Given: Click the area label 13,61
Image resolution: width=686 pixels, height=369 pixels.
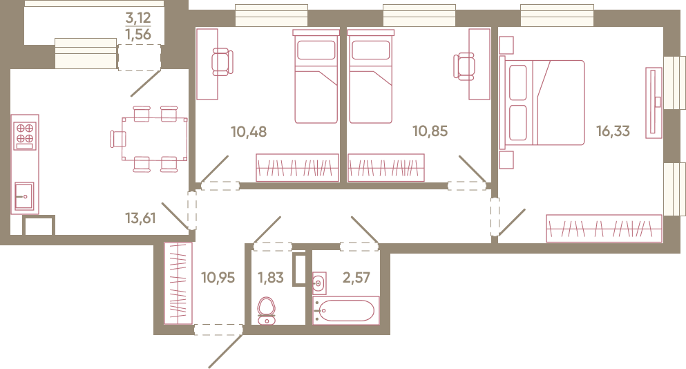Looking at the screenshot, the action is [x=140, y=218].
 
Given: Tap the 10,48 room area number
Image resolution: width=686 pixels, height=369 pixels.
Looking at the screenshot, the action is [x=249, y=131].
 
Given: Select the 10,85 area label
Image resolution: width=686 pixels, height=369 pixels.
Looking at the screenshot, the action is [x=430, y=131].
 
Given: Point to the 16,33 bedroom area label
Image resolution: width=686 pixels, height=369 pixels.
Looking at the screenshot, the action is [x=613, y=131].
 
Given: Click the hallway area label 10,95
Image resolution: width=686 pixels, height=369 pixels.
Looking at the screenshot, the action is [x=218, y=278].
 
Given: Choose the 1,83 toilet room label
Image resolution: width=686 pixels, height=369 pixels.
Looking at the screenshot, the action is [x=271, y=278].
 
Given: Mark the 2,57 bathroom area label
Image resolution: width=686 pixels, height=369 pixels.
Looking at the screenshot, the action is [x=356, y=278].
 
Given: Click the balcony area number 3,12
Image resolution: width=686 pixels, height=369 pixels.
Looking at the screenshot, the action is [x=137, y=18].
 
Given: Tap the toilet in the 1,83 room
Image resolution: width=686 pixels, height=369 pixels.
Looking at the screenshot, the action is [x=267, y=311].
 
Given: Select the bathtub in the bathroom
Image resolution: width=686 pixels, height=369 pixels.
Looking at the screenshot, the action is [x=345, y=311].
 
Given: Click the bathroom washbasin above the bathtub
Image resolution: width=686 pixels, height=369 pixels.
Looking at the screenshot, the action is [x=319, y=283].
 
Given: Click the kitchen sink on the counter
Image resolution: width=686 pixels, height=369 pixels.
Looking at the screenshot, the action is [x=24, y=196].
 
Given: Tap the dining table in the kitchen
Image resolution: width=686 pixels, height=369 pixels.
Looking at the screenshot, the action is [x=155, y=139].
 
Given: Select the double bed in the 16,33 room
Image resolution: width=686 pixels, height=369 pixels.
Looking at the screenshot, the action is [x=542, y=103].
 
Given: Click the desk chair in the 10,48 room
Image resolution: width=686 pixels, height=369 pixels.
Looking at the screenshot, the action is [x=222, y=62].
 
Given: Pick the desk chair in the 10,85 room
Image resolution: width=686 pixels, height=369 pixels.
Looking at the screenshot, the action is [x=464, y=66].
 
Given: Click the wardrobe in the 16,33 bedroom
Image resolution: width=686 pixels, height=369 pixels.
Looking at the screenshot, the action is [x=604, y=228].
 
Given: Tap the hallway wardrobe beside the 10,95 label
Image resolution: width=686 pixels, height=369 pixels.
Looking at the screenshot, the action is [x=178, y=283].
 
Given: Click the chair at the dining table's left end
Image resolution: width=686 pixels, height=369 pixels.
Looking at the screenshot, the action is [x=118, y=139].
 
